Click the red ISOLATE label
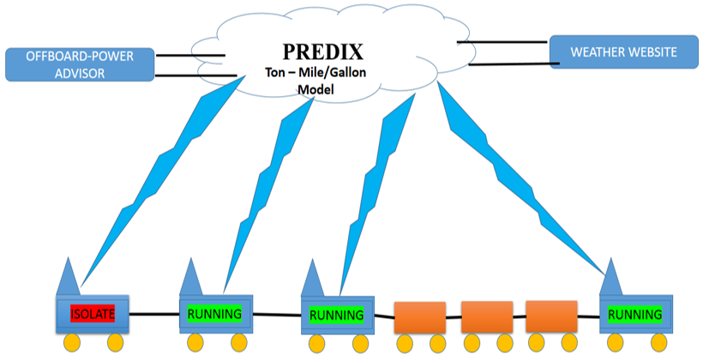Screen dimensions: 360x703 tap(92, 314)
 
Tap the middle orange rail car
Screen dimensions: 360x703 tap(486, 317)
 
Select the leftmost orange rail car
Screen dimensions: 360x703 tap(419, 318)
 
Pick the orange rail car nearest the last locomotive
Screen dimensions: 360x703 tap(550, 316)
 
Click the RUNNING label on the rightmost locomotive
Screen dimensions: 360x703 tap(635, 315)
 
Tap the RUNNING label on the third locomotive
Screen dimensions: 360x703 tap(337, 315)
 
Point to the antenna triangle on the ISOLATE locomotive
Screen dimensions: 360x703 tap(69, 276)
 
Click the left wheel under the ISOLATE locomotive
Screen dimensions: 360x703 tap(70, 343)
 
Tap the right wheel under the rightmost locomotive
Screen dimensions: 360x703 tap(660, 343)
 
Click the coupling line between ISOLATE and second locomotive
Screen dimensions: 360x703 tap(154, 314)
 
